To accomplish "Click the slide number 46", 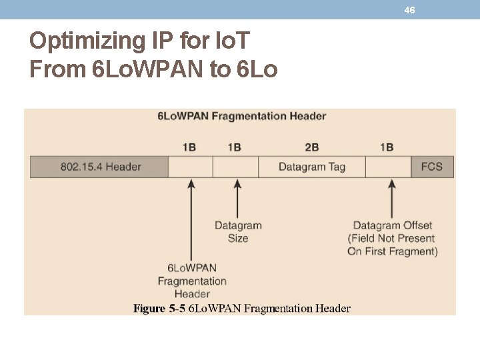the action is (409, 10).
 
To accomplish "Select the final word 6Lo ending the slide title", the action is (257, 68).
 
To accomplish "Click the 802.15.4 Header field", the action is (100, 167).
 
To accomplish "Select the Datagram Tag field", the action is (311, 167).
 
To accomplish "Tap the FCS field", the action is (431, 167).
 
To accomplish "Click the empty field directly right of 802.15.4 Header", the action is (191, 167).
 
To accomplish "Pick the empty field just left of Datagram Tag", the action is (235, 167).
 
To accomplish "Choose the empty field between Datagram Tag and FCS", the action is (388, 167).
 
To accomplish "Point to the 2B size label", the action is (311, 147).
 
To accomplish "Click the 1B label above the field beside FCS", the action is (387, 147).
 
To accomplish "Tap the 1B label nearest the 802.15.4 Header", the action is (189, 147).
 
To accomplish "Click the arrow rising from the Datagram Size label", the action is (237, 198).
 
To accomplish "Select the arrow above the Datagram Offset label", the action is (391, 198).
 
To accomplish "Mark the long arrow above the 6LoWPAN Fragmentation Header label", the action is (191, 220).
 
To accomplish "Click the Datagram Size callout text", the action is (238, 232).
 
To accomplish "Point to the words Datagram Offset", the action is (392, 225).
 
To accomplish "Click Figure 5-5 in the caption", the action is (159, 308).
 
